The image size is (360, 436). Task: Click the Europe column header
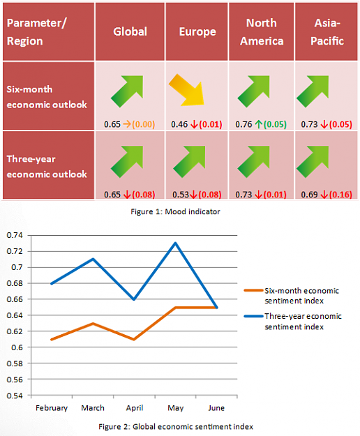click(x=197, y=32)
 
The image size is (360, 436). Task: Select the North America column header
click(x=262, y=32)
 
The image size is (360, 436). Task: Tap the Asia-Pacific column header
click(x=327, y=32)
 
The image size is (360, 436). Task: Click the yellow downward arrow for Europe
click(x=186, y=90)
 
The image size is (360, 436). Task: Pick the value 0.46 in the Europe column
click(x=179, y=124)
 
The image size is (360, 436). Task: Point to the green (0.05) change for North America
click(x=275, y=124)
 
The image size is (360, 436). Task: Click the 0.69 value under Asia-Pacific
click(x=309, y=195)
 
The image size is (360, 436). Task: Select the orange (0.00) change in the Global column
click(x=143, y=124)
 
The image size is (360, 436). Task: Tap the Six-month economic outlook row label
click(x=47, y=97)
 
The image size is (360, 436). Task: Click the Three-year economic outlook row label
click(x=47, y=167)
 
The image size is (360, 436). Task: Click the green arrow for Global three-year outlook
click(x=127, y=162)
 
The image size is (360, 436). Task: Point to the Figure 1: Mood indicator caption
click(x=175, y=211)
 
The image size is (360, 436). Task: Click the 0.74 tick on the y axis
click(x=15, y=235)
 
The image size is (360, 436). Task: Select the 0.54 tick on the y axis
click(x=15, y=396)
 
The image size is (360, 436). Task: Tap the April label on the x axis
click(x=135, y=408)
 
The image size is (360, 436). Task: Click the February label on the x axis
click(x=52, y=408)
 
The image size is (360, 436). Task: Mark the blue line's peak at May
click(x=175, y=243)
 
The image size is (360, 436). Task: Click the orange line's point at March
click(x=93, y=324)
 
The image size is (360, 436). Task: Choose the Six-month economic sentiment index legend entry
click(x=292, y=296)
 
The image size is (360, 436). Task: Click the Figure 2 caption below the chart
click(x=176, y=427)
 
